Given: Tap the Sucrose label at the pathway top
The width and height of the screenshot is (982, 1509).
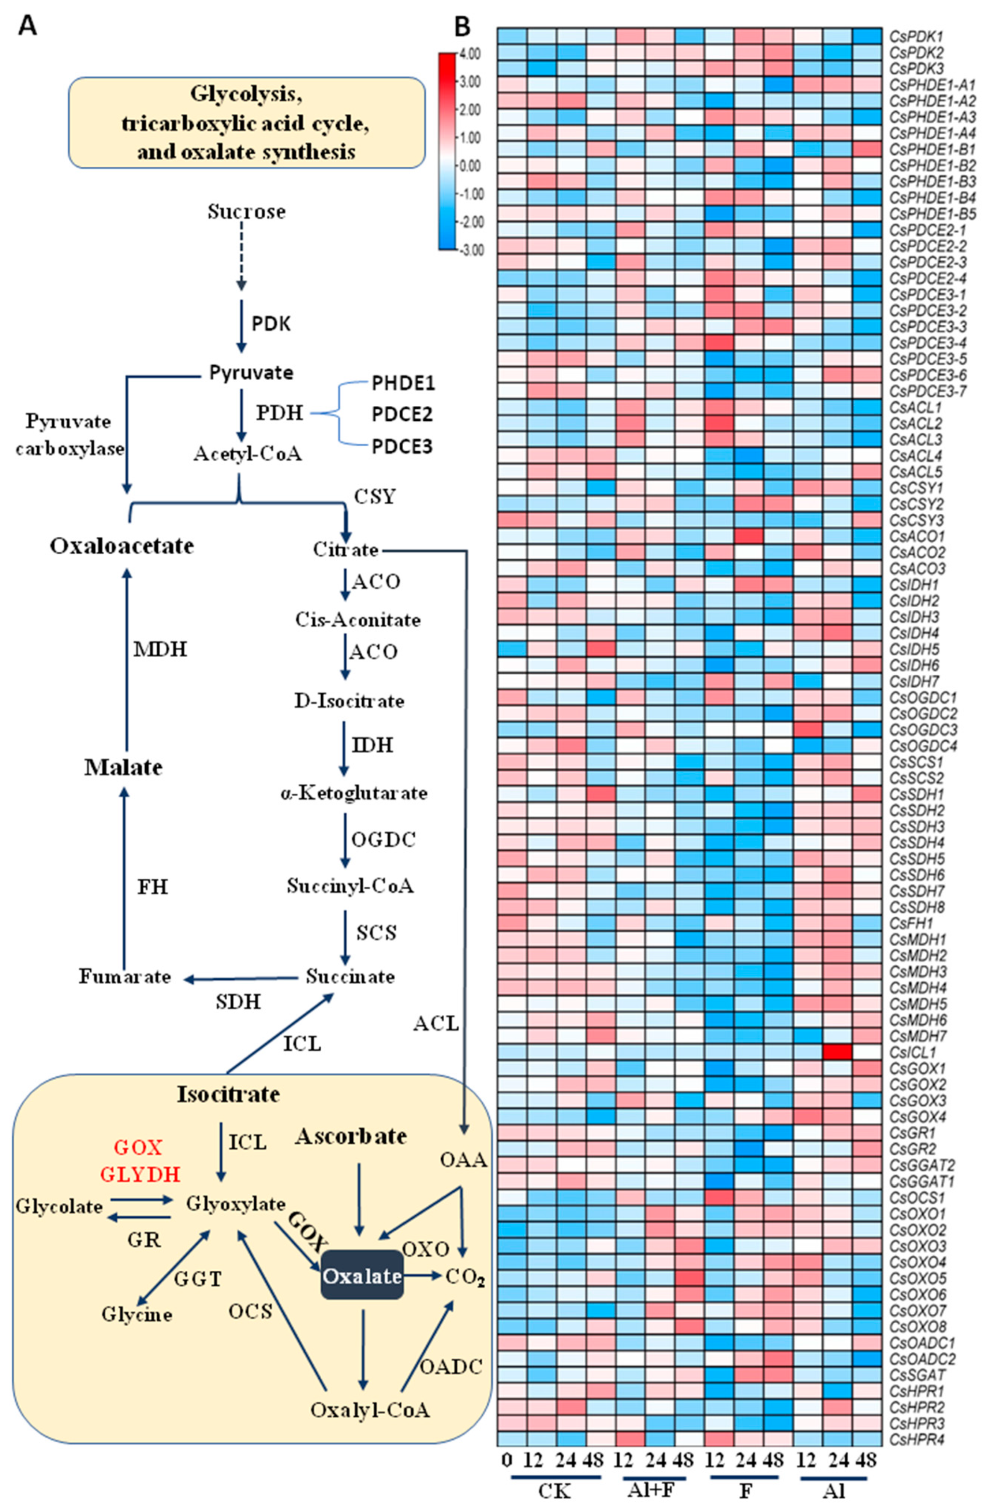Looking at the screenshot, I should coord(246,211).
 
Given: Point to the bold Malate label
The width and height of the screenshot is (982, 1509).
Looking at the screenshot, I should coord(124,767).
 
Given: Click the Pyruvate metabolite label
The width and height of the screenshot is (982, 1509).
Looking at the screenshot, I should coord(251,372).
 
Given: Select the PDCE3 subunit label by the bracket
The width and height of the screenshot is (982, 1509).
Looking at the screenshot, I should coord(402,447).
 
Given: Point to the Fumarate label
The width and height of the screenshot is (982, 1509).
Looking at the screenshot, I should coord(125,976).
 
